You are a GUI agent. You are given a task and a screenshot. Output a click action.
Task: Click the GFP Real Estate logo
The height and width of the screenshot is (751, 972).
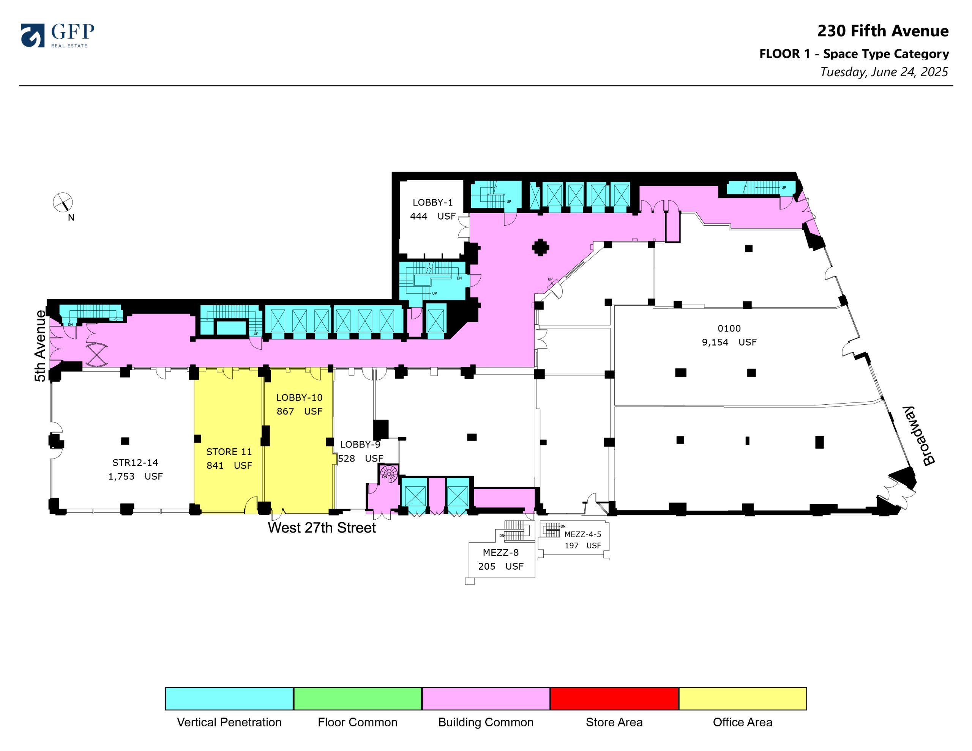57,35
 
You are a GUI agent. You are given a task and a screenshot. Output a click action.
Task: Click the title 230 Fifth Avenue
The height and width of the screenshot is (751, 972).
883,31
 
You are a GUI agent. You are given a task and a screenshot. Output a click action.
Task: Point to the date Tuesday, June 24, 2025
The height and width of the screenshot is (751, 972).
884,72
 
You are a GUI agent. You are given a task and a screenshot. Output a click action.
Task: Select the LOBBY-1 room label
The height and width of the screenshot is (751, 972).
432,202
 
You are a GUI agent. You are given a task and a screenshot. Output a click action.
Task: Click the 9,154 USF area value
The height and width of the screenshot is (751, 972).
729,342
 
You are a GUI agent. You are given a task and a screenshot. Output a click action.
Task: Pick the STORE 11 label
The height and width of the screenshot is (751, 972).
229,452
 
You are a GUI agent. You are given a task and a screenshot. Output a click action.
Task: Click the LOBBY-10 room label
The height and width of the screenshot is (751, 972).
299,397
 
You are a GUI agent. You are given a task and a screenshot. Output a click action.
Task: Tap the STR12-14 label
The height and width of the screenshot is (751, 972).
135,462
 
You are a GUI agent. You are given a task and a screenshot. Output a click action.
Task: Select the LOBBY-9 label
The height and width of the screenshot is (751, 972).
360,444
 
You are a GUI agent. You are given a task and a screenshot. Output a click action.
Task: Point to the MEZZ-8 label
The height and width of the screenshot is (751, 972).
501,553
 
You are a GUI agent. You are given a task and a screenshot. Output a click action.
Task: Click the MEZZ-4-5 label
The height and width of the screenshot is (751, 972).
582,534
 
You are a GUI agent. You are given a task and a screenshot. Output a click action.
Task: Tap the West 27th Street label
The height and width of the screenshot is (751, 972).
322,528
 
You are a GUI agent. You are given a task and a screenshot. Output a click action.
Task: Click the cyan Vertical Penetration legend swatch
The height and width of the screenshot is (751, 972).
229,699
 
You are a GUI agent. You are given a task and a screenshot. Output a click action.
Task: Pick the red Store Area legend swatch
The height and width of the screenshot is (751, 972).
614,699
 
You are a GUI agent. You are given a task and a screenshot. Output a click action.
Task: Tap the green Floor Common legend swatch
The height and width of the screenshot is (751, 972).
357,699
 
